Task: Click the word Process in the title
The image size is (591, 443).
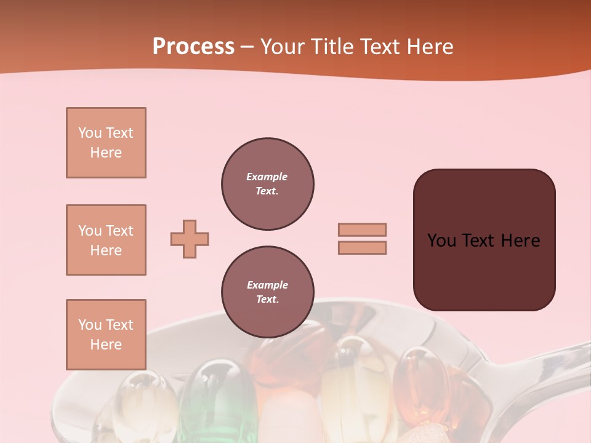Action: [193, 46]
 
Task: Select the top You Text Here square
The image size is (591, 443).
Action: [106, 143]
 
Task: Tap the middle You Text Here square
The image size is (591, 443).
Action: [106, 240]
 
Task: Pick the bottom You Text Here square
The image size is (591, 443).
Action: [106, 335]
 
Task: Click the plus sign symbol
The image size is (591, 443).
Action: [190, 239]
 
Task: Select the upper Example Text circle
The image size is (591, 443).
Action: [267, 184]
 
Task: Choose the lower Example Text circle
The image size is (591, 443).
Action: [267, 292]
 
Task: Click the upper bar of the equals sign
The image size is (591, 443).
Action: [362, 229]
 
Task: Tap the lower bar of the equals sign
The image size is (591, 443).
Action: [362, 248]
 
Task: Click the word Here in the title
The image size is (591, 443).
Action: [430, 46]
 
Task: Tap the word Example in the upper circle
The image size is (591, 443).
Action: [267, 177]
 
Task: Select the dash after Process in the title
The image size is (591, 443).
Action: [247, 47]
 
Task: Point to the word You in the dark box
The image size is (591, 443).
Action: [441, 241]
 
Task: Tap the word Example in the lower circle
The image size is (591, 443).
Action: [267, 285]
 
